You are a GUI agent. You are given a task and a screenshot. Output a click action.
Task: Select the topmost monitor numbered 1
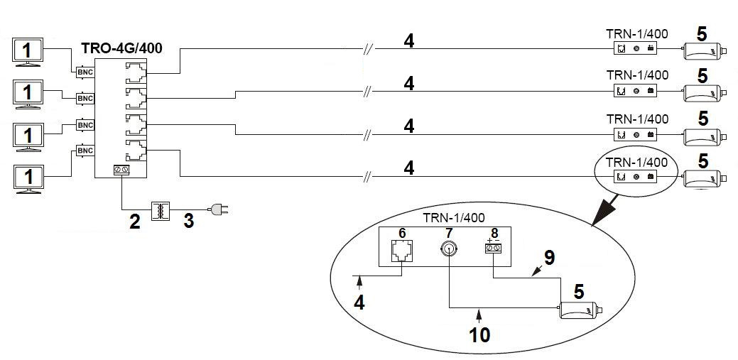click(28, 51)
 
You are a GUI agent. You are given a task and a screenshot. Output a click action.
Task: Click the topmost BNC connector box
click(84, 72)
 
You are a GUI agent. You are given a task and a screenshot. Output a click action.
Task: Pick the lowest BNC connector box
click(85, 151)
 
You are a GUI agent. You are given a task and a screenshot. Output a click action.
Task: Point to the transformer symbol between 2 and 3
click(161, 211)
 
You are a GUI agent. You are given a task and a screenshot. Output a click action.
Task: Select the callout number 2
click(134, 220)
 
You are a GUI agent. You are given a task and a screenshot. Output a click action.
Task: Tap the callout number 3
click(188, 220)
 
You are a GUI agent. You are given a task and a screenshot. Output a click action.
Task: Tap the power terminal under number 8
click(494, 249)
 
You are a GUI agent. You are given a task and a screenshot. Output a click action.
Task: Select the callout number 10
click(480, 334)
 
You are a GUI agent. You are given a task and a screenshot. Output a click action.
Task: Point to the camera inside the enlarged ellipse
click(580, 310)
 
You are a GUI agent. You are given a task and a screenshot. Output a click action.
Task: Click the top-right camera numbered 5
click(703, 52)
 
